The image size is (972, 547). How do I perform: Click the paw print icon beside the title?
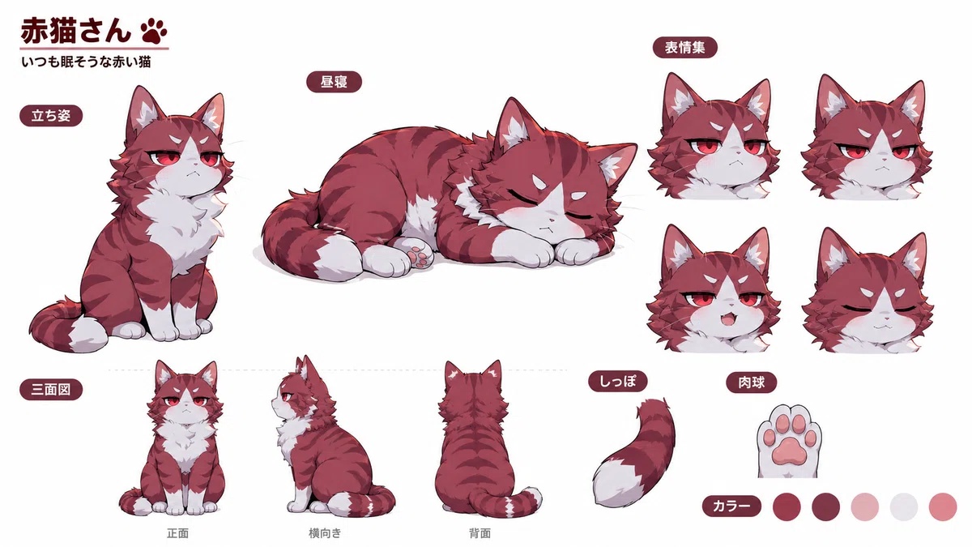pyautogui.click(x=154, y=31)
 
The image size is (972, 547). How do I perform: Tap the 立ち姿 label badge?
pyautogui.click(x=51, y=116)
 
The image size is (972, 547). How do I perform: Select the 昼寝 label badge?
pyautogui.click(x=334, y=82)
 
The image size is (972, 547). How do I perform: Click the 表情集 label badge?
pyautogui.click(x=684, y=47)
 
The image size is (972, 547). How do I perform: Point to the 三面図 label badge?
pyautogui.click(x=51, y=390)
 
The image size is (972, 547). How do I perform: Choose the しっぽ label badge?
pyautogui.click(x=618, y=382)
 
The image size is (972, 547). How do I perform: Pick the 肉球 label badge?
pyautogui.click(x=751, y=382)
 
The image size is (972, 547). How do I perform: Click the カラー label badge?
pyautogui.click(x=731, y=506)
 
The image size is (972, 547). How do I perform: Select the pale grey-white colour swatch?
pyautogui.click(x=904, y=506)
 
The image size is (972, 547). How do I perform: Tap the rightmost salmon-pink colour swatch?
pyautogui.click(x=943, y=506)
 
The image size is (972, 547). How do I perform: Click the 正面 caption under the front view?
pyautogui.click(x=177, y=533)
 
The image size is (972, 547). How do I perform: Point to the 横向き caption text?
pyautogui.click(x=325, y=533)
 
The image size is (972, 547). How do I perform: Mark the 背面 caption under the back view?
pyautogui.click(x=480, y=533)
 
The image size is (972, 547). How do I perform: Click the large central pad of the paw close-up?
pyautogui.click(x=789, y=454)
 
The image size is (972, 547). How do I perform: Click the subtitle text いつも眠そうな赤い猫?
pyautogui.click(x=86, y=62)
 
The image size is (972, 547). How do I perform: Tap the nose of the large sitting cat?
pyautogui.click(x=196, y=165)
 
